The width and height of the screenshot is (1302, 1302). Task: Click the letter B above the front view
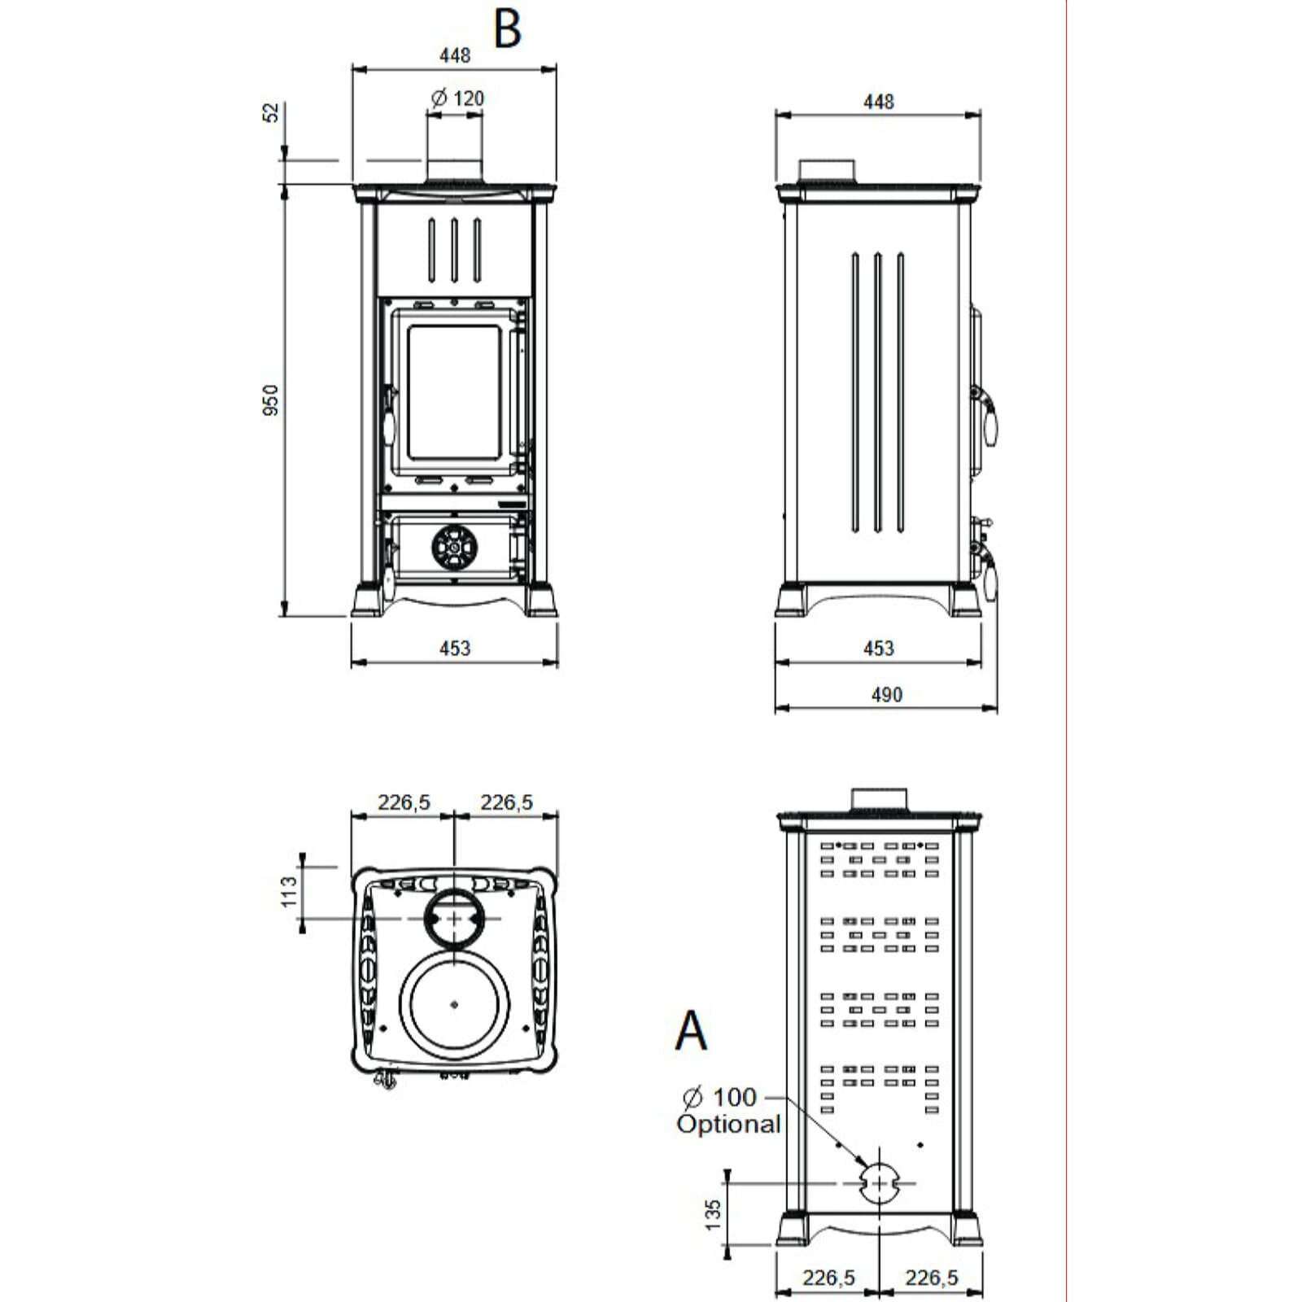[x=507, y=30]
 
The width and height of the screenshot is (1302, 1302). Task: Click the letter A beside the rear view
[x=691, y=1031]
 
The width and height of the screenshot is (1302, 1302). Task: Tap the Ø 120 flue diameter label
[x=457, y=98]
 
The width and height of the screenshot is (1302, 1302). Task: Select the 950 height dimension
[x=271, y=400]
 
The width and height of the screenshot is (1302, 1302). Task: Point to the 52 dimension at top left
[x=271, y=112]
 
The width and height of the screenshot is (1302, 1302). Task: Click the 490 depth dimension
[x=886, y=695]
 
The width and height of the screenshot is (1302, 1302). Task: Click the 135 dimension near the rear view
[x=713, y=1214]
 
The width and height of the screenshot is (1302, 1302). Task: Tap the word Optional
[x=728, y=1125]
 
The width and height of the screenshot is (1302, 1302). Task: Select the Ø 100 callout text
[x=719, y=1097]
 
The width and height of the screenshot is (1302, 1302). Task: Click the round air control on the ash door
[x=453, y=546]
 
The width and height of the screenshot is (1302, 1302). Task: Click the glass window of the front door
[x=452, y=392]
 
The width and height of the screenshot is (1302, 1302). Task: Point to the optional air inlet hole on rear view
[x=879, y=1182]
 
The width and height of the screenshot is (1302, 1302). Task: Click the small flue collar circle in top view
[x=453, y=918]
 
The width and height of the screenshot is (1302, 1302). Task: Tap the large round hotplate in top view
[x=453, y=1003]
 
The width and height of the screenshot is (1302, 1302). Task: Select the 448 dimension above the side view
[x=879, y=102]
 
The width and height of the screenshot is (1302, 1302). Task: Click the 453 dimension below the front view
[x=455, y=649]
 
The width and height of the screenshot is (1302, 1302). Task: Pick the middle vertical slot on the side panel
[x=878, y=393]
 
